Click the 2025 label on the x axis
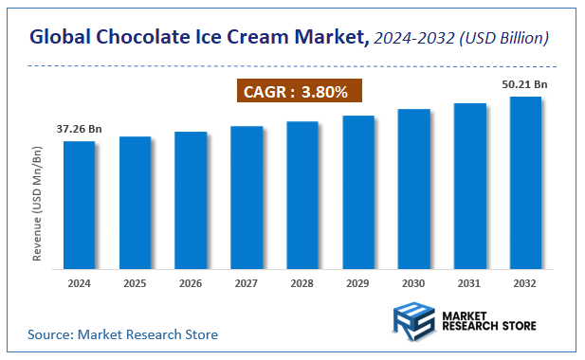tap(135, 283)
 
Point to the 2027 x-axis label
tap(247, 283)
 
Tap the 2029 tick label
tap(357, 283)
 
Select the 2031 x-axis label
tap(469, 283)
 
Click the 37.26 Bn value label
tap(80, 129)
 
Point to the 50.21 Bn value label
tap(525, 84)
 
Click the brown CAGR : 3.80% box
tap(299, 92)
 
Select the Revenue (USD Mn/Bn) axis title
tap(38, 204)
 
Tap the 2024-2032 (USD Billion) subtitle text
tap(460, 39)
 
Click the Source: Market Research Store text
tap(123, 334)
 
